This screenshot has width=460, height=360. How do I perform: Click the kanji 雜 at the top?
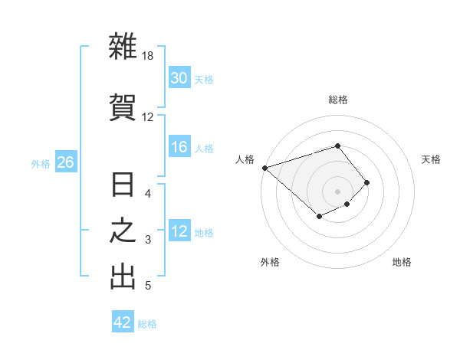point(123,47)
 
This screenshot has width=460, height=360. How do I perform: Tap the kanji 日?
point(123,187)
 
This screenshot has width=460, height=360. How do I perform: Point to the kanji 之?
point(123,232)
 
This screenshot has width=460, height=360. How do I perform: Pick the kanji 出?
point(123,277)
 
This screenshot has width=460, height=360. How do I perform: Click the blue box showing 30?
point(179,78)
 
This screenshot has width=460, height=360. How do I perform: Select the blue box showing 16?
point(179,147)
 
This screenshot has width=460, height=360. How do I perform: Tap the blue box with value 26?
point(66,162)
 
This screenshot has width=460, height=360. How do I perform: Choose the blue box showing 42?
point(123,322)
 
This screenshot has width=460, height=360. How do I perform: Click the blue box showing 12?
point(179,231)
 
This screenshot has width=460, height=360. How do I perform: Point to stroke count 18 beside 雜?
point(148,57)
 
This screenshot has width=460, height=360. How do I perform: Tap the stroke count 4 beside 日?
point(148,194)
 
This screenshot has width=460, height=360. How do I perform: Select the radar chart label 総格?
point(337,100)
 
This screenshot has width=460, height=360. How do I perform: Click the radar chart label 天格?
point(432,159)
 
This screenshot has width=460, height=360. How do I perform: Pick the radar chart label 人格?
point(245,159)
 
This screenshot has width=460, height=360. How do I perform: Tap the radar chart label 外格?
point(270,262)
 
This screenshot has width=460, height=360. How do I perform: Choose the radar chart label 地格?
point(402,262)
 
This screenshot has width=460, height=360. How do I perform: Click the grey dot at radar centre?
point(337,191)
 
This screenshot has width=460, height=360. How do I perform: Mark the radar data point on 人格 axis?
point(264,167)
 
